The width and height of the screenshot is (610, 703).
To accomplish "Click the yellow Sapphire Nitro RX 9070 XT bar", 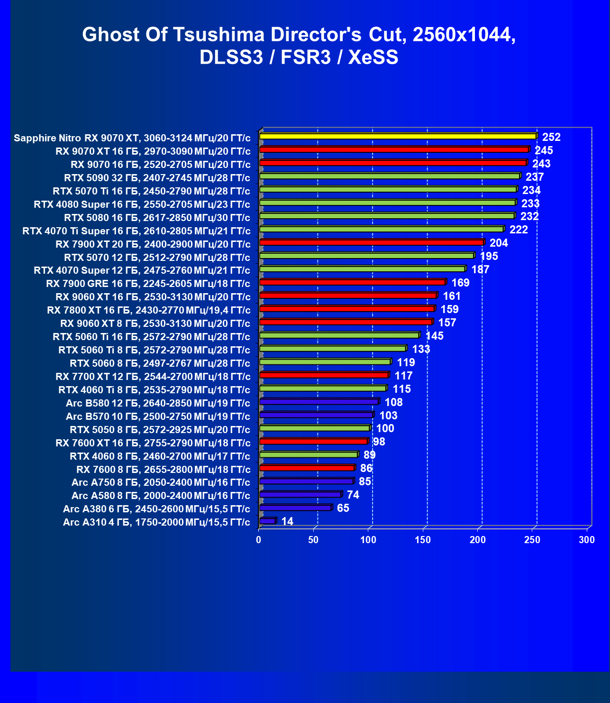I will tap(398, 136).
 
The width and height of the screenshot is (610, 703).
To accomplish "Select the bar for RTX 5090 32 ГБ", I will tap(390, 176).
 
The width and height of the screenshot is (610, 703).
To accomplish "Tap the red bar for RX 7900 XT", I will tap(372, 242).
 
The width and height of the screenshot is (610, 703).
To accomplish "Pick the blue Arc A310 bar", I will tap(268, 521).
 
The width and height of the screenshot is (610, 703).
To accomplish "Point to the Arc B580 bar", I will tap(319, 402).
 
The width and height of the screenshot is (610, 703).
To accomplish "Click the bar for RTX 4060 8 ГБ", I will tap(309, 454).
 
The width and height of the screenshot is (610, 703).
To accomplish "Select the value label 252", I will tap(551, 137).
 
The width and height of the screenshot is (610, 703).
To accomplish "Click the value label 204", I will tap(499, 243).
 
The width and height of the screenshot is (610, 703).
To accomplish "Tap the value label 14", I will tap(287, 521).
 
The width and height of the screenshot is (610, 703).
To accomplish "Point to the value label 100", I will tap(385, 428).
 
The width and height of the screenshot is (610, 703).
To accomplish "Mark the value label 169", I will tap(460, 283).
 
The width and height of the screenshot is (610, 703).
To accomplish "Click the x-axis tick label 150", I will tap(423, 540).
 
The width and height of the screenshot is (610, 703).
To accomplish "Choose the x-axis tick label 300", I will tap(587, 540).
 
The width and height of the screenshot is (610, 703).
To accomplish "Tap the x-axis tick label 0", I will tap(258, 540).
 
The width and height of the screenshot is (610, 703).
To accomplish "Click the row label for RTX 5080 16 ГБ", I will tap(157, 218).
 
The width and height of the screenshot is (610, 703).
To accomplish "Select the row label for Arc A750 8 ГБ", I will tap(161, 482).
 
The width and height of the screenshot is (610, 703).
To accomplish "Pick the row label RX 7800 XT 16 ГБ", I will tap(148, 310).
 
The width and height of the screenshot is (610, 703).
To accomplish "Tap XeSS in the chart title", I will tap(373, 57).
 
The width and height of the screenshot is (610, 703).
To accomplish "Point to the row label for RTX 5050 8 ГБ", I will tap(160, 430).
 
